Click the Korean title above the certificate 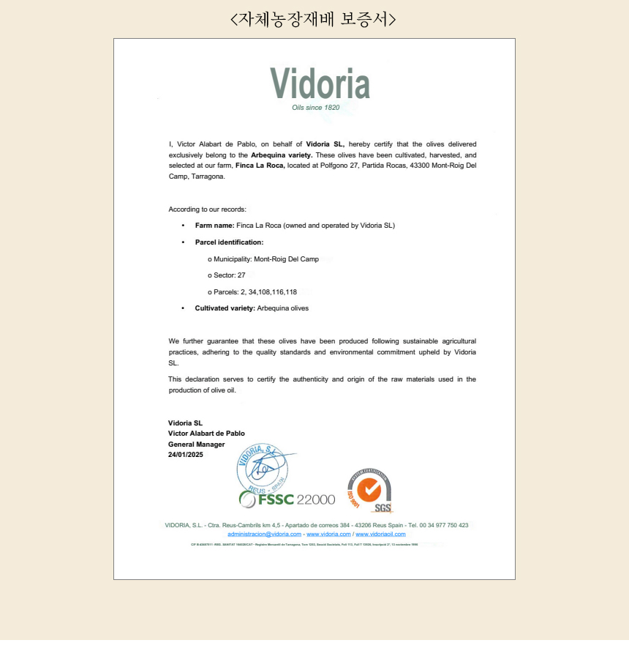(x=314, y=18)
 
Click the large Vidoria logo (x=320, y=83)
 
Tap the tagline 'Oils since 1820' (x=316, y=108)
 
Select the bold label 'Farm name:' (x=214, y=226)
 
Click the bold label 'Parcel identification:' (x=229, y=242)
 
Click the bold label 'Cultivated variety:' (x=225, y=308)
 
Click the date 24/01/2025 (x=186, y=455)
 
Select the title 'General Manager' (x=197, y=445)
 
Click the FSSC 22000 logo (x=287, y=499)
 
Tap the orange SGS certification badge (x=369, y=490)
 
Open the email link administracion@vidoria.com (x=264, y=534)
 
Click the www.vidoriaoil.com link (x=380, y=534)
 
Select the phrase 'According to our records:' (x=207, y=209)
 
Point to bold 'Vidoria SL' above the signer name (x=185, y=423)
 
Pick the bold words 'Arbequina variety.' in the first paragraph (x=282, y=155)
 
